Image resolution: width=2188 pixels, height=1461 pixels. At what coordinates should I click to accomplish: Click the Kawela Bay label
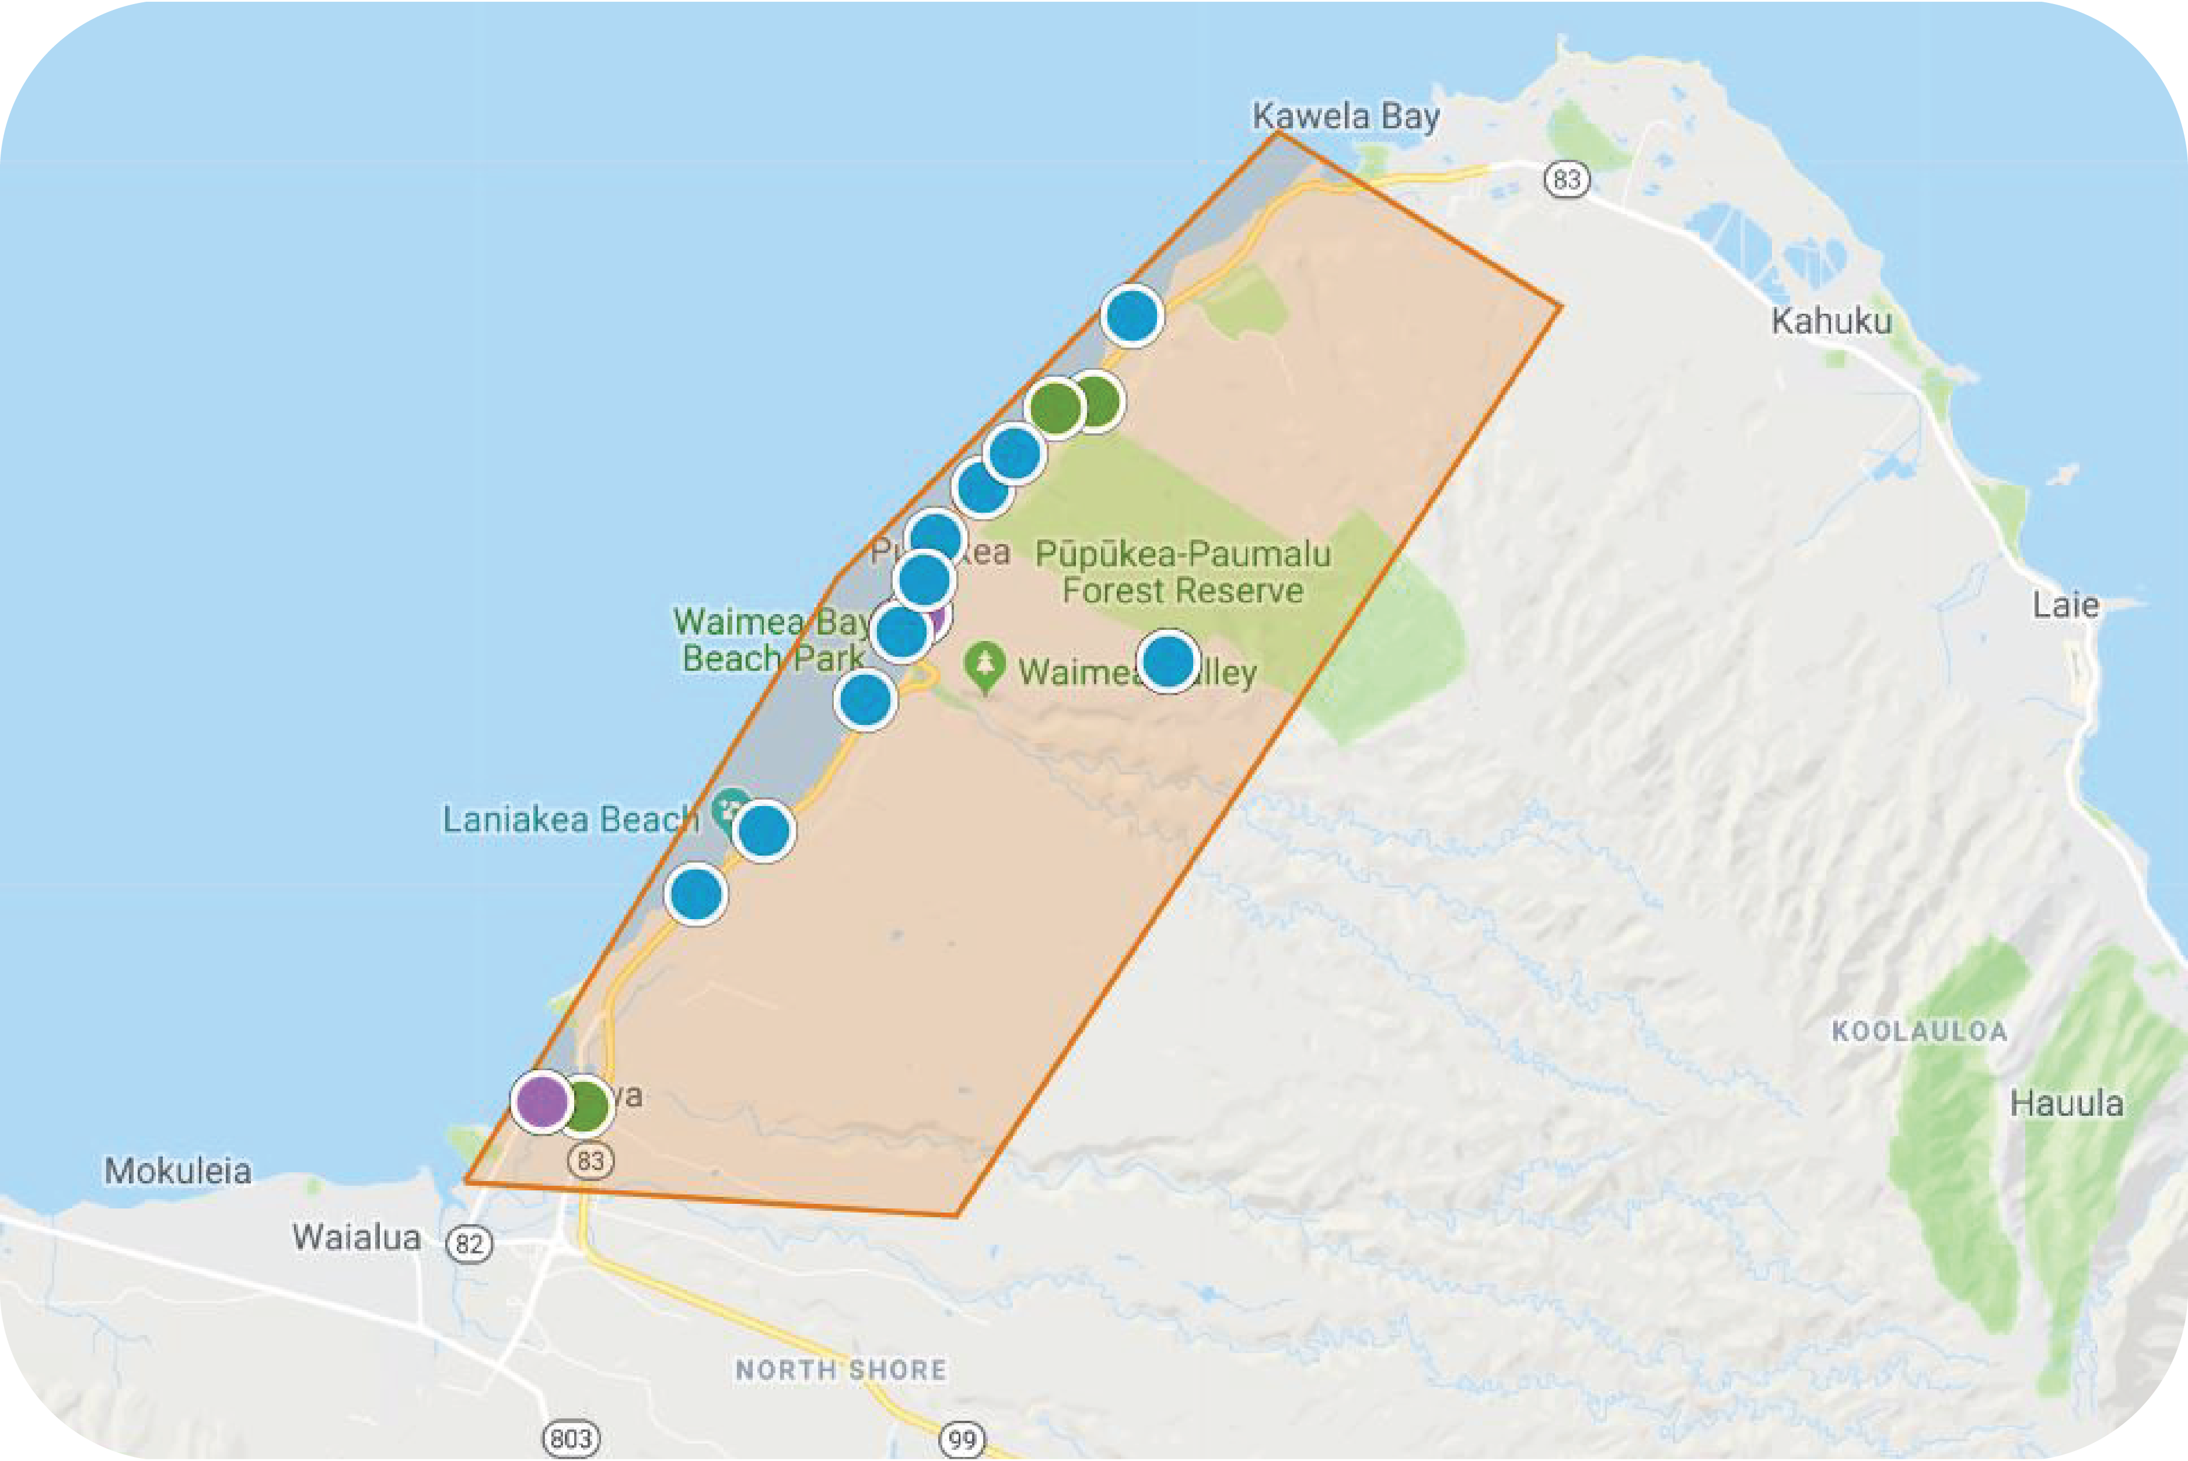click(x=1345, y=117)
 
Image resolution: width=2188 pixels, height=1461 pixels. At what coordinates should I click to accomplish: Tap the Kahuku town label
click(x=1831, y=321)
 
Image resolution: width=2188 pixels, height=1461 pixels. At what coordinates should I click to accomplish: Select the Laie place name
click(x=2065, y=605)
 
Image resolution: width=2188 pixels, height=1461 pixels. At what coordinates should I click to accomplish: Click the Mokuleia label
click(x=177, y=1171)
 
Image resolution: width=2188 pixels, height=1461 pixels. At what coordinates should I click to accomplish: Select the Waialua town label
click(x=356, y=1238)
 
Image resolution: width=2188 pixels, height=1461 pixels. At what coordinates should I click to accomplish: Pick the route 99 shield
click(x=962, y=1439)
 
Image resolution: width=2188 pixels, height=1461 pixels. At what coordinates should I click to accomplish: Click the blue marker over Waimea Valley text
click(x=1167, y=661)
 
